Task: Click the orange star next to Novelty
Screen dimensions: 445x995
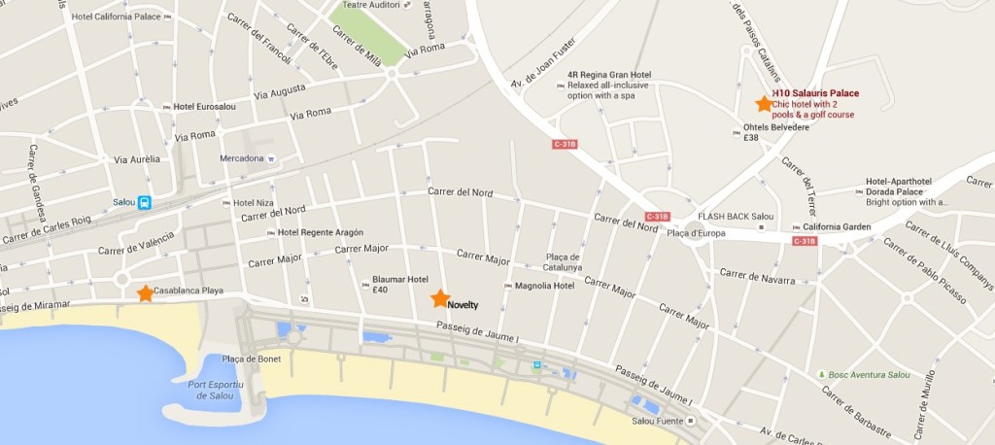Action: click(x=440, y=298)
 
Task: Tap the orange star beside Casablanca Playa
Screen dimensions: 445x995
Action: click(x=145, y=292)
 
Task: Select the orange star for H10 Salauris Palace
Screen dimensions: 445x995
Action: click(x=763, y=104)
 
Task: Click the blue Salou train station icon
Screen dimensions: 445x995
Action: click(x=144, y=203)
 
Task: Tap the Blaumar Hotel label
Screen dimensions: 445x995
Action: click(x=400, y=278)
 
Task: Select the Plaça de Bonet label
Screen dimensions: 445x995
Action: click(x=251, y=359)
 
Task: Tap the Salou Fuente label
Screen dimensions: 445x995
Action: click(x=656, y=420)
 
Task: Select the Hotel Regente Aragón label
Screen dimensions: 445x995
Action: click(x=320, y=232)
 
